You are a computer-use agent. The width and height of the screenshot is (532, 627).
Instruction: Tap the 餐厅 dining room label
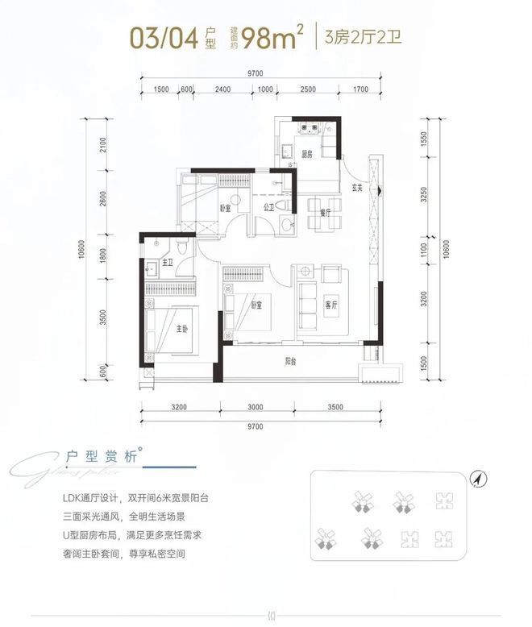[x=326, y=212]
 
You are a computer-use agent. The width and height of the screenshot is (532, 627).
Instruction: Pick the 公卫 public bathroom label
[x=269, y=206]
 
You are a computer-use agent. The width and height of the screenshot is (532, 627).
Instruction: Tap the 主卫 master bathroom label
[x=168, y=263]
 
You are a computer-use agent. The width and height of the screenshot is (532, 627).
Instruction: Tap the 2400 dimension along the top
[x=223, y=89]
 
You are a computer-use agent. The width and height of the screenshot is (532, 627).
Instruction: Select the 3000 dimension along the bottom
[x=256, y=408]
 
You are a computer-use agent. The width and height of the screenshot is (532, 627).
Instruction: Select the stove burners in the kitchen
[x=307, y=127]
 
